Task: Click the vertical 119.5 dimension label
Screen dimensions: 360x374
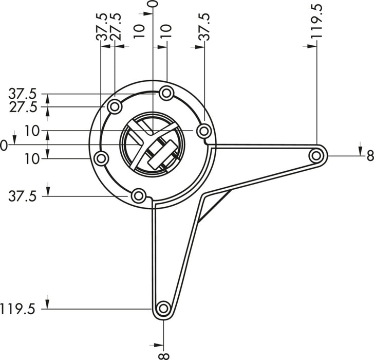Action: [x=317, y=22]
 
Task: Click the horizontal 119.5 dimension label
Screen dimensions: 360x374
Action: [x=18, y=309]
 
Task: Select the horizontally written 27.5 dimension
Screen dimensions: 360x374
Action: [x=23, y=107]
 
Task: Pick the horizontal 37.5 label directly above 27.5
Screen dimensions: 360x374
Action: [x=23, y=94]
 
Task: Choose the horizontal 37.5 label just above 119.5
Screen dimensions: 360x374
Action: [x=23, y=196]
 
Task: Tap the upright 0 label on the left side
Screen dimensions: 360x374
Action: [x=4, y=146]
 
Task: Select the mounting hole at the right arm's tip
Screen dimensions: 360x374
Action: [x=316, y=154]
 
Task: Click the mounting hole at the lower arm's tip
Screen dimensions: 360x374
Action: [x=163, y=309]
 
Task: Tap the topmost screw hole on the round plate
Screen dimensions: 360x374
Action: [x=166, y=94]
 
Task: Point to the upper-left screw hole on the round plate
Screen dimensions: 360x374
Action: [x=115, y=107]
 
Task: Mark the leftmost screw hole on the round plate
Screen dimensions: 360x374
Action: [x=101, y=158]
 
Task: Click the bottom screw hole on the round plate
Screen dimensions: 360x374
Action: [x=138, y=196]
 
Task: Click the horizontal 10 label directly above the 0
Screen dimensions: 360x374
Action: [x=32, y=131]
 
